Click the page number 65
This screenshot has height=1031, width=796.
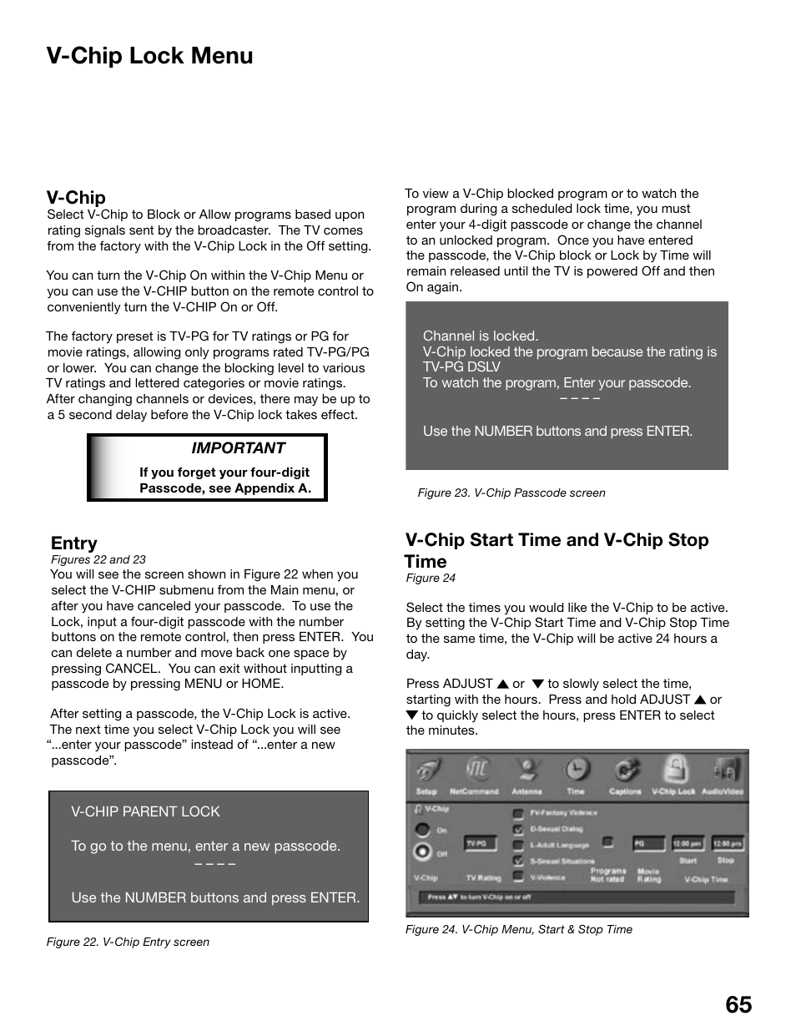(738, 1004)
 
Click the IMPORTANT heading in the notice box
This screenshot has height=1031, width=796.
(238, 448)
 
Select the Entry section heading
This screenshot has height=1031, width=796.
(73, 543)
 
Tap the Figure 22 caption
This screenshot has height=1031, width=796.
(128, 942)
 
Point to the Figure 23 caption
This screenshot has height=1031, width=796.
(511, 493)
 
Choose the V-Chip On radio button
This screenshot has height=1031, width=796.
(422, 830)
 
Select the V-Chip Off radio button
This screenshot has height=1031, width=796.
(422, 852)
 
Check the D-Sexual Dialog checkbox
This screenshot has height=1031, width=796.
(518, 829)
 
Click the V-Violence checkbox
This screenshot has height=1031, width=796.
(518, 877)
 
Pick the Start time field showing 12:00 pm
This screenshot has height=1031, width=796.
(688, 844)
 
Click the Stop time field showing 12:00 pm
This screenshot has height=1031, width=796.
(726, 844)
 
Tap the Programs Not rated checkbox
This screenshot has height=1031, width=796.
(608, 843)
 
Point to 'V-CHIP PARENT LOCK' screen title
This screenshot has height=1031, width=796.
(145, 811)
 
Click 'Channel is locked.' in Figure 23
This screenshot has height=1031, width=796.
(481, 336)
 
